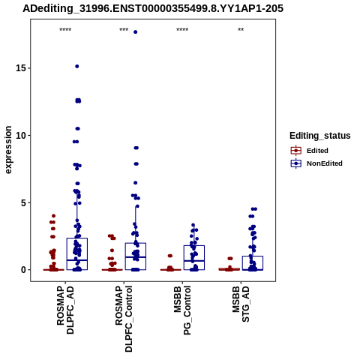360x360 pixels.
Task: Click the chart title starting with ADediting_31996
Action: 153,9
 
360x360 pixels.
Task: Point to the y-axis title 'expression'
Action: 8,150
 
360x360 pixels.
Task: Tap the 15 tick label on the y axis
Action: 21,68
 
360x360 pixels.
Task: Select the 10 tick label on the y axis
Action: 21,135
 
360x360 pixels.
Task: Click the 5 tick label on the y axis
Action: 23,202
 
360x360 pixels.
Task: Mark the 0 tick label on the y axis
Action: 23,270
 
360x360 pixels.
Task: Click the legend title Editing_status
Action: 320,136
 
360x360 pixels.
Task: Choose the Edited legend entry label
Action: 317,151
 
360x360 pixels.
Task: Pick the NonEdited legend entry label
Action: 325,163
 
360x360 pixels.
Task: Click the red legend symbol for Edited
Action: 296,151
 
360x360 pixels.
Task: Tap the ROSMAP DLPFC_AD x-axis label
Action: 65,310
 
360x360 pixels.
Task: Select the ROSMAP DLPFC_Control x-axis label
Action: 124,319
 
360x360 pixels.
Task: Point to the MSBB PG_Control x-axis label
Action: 182,310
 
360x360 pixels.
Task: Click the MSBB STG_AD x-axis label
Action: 241,304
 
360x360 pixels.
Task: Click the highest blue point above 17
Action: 136,32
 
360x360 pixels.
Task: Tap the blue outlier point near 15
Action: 77,66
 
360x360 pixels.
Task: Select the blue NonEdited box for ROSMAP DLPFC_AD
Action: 77,254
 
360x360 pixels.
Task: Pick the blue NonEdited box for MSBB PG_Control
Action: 194,258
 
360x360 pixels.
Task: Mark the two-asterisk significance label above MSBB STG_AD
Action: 241,30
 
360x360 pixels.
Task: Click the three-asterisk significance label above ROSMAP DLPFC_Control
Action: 124,30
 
